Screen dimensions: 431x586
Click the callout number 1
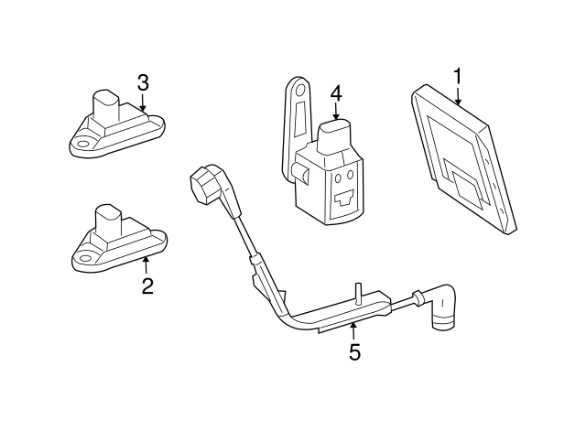pos(457,75)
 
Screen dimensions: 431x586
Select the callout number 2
pos(146,287)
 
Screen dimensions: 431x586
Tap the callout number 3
pos(143,82)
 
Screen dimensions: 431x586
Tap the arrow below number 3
pos(143,104)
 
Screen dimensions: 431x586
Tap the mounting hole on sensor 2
pos(84,261)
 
